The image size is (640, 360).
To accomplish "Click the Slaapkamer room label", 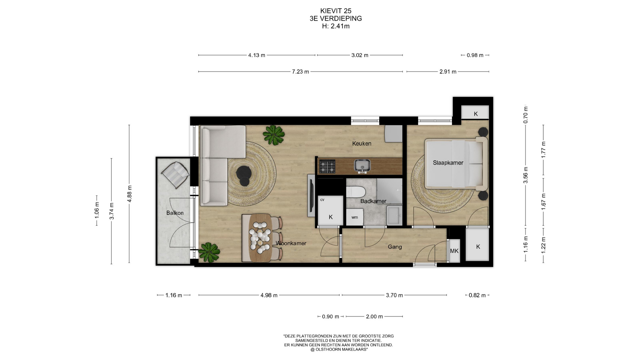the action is click(448, 163).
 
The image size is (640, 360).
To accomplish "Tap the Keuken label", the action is click(362, 143).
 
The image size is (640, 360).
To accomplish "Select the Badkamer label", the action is click(373, 201).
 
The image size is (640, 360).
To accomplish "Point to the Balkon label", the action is click(175, 213).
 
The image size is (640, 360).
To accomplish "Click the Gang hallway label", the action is click(395, 247).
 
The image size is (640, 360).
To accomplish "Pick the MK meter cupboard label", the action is click(454, 251).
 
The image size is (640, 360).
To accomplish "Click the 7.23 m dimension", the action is click(300, 72).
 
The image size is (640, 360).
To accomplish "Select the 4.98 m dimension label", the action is click(269, 295).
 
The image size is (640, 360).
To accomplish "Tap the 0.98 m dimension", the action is click(475, 55).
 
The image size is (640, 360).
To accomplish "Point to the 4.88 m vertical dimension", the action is click(129, 194).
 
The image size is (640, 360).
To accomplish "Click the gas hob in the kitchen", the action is click(327, 166).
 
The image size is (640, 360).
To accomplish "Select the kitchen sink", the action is click(362, 166).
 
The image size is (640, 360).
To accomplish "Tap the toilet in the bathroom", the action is click(356, 192).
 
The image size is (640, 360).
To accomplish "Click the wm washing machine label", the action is click(355, 217).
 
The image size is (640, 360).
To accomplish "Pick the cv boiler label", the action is click(322, 200).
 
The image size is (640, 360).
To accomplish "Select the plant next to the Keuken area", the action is click(274, 135).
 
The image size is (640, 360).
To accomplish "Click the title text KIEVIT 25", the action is click(336, 11).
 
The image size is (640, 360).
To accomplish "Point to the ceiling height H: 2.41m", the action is click(336, 26).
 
